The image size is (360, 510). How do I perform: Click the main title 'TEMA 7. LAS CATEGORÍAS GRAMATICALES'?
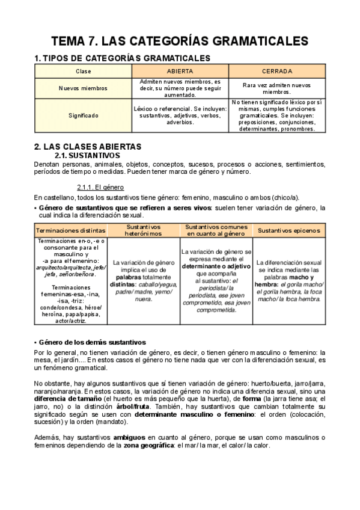180,41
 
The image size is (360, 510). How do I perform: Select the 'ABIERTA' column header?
180,71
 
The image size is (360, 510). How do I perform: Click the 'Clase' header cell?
84,71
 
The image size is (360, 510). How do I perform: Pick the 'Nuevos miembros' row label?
84,88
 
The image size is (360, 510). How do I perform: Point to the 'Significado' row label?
84,115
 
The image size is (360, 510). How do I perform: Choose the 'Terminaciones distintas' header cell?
71,230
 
